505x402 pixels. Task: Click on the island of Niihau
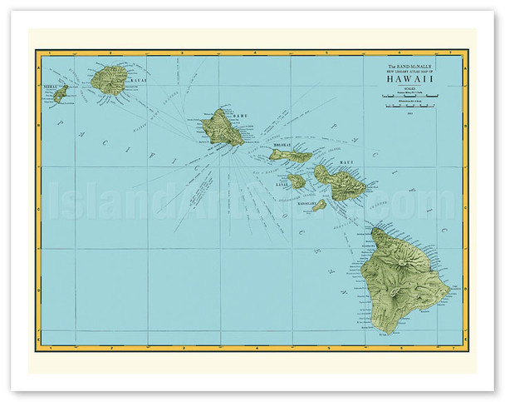pos(60,93)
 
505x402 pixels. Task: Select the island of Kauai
pos(109,80)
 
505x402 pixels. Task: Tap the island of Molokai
pos(290,155)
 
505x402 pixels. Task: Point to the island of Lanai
pos(297,180)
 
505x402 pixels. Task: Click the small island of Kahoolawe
pos(319,204)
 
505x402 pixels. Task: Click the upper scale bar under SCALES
pos(409,97)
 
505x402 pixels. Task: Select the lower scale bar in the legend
pos(409,107)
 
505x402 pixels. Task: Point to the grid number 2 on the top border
pos(148,52)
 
